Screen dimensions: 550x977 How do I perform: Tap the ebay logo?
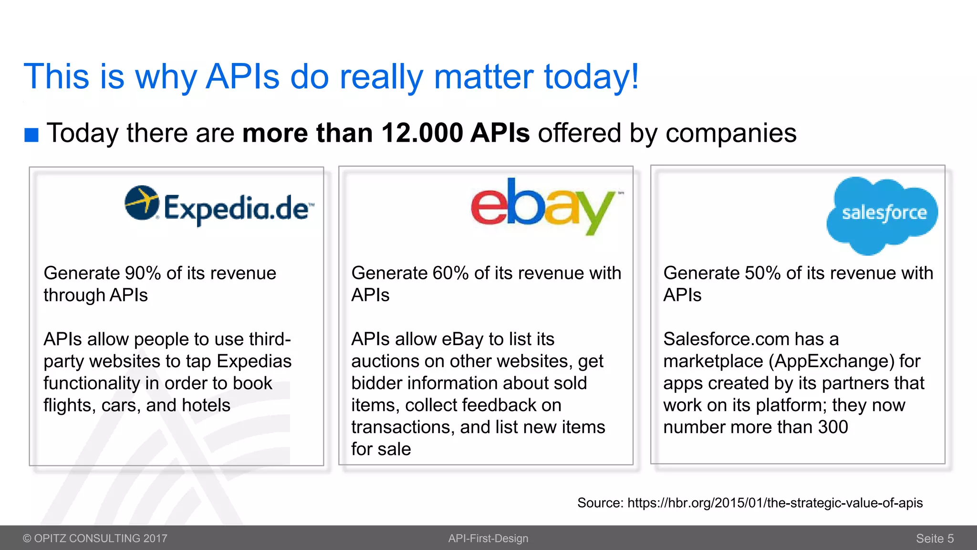543,206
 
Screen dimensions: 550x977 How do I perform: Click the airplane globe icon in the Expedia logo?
142,202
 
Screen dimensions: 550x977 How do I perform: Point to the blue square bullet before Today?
31,135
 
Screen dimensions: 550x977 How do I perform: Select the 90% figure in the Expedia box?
143,273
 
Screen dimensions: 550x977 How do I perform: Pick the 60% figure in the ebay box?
450,273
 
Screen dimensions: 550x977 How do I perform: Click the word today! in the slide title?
591,76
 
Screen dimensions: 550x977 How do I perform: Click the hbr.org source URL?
775,503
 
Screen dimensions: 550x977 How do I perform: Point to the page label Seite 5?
934,539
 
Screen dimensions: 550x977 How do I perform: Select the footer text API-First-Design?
488,539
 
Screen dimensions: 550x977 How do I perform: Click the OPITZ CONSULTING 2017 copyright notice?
95,539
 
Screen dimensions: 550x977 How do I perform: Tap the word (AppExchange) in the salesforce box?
831,361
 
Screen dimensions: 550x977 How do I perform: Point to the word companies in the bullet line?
731,133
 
